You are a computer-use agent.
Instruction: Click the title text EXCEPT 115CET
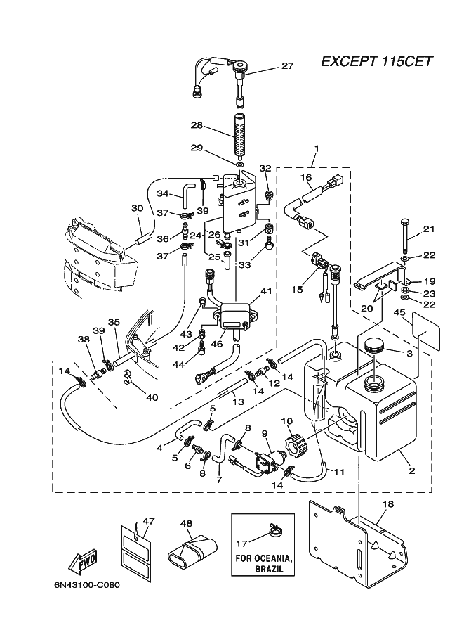pyautogui.click(x=376, y=61)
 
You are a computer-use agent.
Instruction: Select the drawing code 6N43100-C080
pyautogui.click(x=87, y=584)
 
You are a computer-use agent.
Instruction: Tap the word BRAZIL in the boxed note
pyautogui.click(x=269, y=569)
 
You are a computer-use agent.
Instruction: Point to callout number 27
pyautogui.click(x=288, y=65)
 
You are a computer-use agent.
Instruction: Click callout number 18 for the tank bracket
pyautogui.click(x=388, y=503)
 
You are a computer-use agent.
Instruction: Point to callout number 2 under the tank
pyautogui.click(x=411, y=471)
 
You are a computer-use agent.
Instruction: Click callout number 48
pyautogui.click(x=186, y=524)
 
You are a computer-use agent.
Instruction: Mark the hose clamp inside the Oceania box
pyautogui.click(x=271, y=529)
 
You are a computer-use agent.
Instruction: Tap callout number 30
pyautogui.click(x=138, y=208)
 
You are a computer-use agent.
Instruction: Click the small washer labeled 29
pyautogui.click(x=240, y=165)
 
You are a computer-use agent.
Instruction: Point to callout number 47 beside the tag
pyautogui.click(x=149, y=521)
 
